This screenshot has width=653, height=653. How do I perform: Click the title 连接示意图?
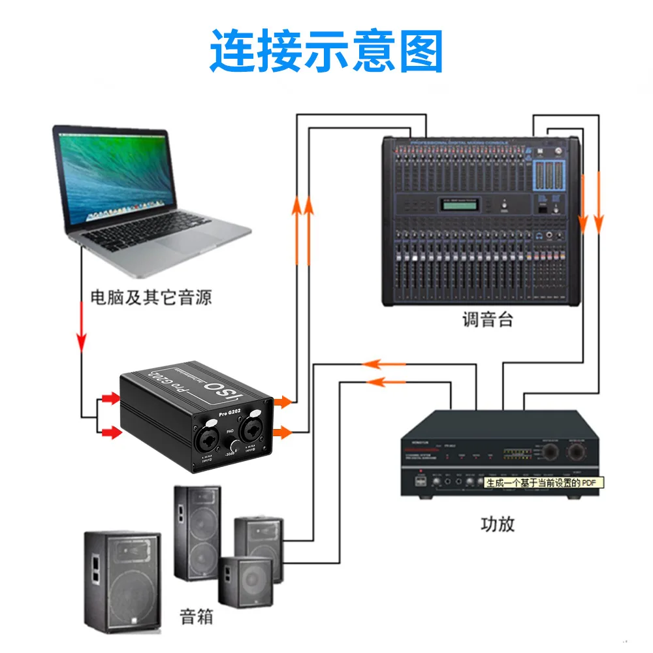[326, 52]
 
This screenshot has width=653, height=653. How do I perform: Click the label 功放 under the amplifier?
[498, 524]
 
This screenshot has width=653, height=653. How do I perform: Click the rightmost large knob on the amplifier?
[577, 452]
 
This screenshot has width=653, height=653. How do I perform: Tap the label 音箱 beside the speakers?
[197, 615]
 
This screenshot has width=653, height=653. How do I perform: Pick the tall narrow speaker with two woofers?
[197, 532]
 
